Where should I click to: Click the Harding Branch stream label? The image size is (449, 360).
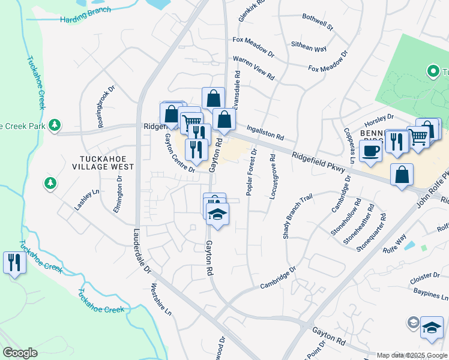pos(85,15)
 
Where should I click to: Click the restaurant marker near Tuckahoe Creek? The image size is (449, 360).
pos(14,263)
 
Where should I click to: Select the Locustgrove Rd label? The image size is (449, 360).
pos(273,176)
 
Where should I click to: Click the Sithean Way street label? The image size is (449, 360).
pos(309,46)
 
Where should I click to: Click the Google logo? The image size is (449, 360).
pos(20,353)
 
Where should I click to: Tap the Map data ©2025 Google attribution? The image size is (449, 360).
pos(412,355)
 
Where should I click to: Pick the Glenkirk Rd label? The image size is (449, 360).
pos(250,11)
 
